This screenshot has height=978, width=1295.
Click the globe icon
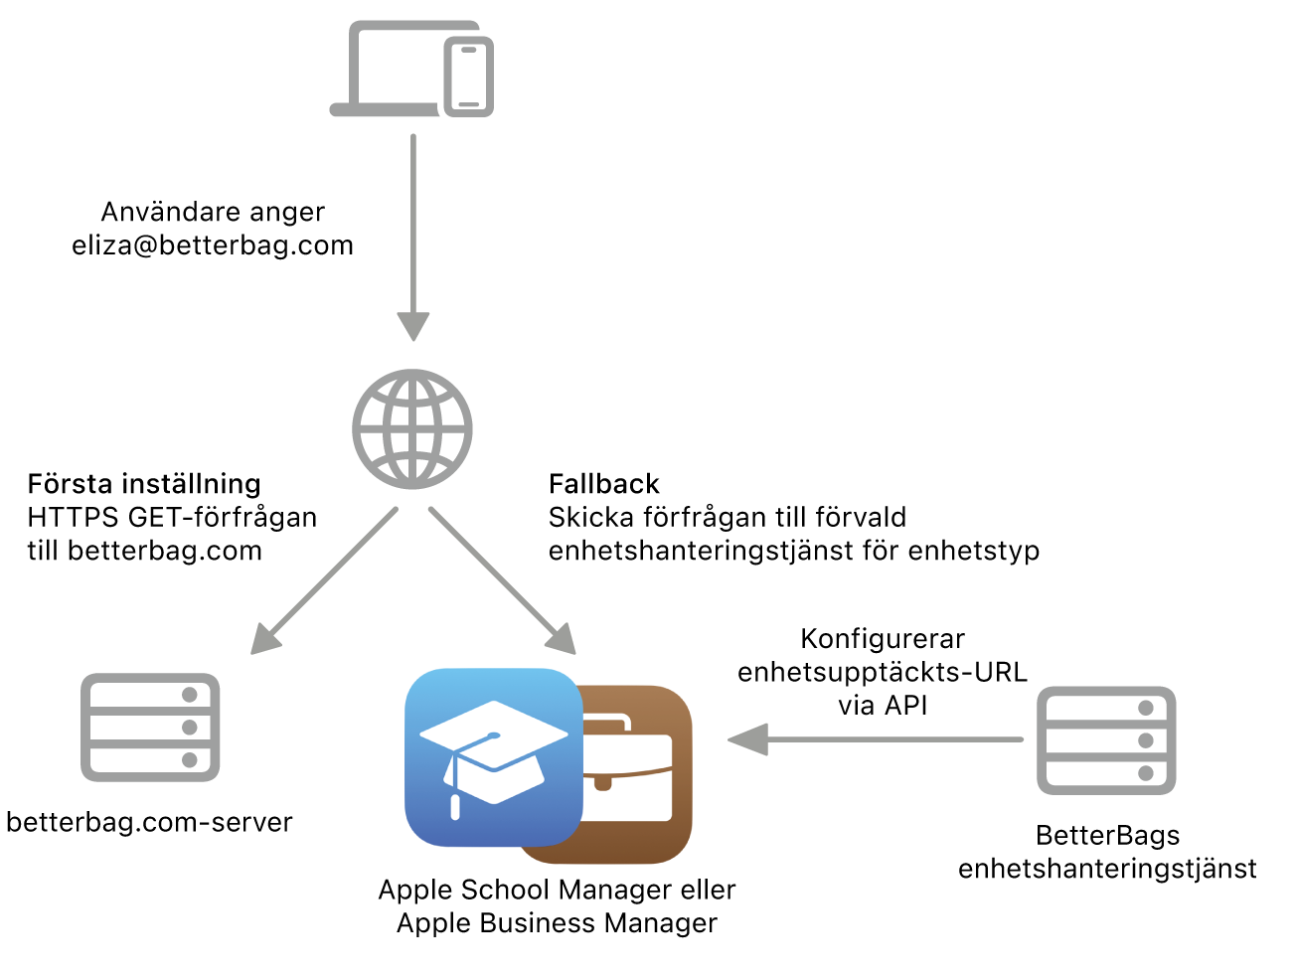click(411, 428)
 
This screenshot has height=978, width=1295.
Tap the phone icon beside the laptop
click(468, 77)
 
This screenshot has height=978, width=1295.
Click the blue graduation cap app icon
click(493, 756)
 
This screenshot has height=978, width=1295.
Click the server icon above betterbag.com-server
click(150, 728)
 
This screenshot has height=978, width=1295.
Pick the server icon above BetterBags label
click(1106, 740)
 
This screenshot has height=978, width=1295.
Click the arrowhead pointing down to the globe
click(413, 326)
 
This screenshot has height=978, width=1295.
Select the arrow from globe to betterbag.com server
click(324, 581)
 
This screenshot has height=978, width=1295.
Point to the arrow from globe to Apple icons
click(502, 581)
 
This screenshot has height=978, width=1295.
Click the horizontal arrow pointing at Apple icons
click(875, 739)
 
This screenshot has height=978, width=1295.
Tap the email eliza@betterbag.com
click(213, 245)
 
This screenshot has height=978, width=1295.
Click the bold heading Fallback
click(603, 484)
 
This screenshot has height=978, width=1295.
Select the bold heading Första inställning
click(144, 484)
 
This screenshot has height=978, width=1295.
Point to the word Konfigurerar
click(883, 639)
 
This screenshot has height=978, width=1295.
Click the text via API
click(883, 705)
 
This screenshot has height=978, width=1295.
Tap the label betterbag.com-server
click(149, 822)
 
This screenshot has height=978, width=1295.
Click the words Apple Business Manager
click(557, 923)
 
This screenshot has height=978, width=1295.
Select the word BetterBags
click(1107, 835)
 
